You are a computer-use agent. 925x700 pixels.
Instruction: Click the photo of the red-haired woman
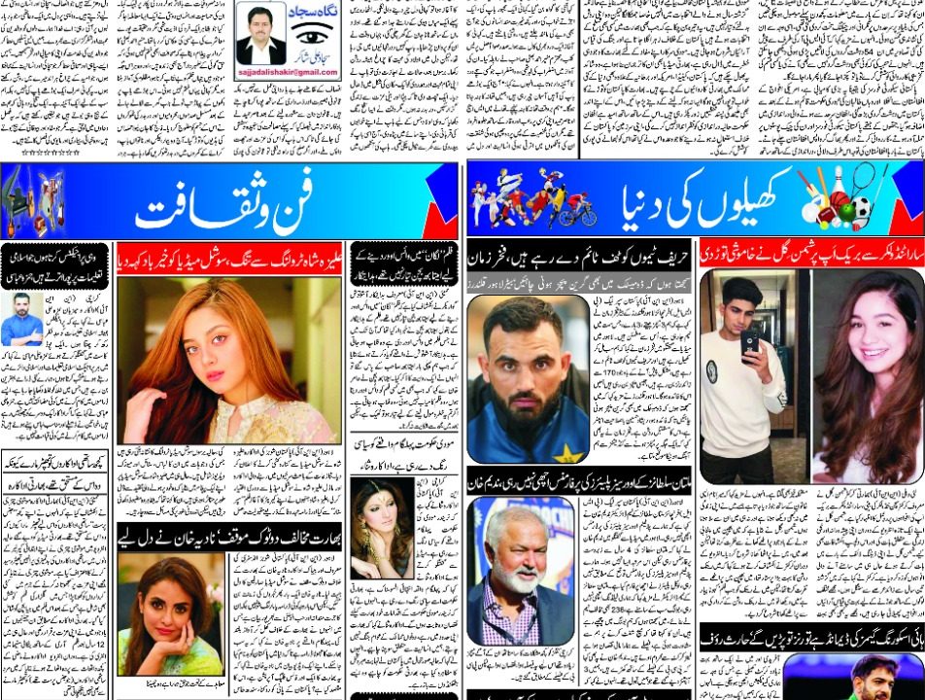pos(228,360)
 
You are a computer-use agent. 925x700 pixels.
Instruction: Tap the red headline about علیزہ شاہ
pos(229,260)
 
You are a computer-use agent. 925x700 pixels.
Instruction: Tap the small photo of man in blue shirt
pos(21,319)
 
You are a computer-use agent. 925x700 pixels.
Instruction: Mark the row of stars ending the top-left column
pos(50,153)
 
